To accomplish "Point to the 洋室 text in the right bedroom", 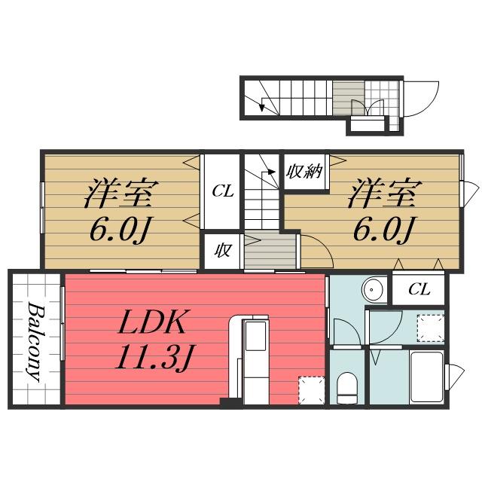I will click(382, 194).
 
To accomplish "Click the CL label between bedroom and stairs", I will click(222, 191).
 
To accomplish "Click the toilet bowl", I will click(347, 388).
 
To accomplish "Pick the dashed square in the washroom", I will click(430, 326).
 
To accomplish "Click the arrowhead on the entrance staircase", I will click(261, 107).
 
